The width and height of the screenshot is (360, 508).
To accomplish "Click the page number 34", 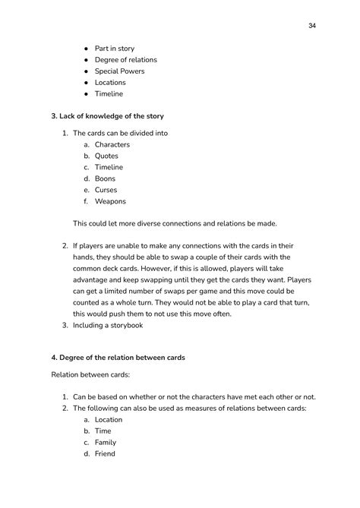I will pos(312,26).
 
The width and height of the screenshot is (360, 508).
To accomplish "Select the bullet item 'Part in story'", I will pos(114,49).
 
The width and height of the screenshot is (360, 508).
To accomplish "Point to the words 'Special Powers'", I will pos(119,71).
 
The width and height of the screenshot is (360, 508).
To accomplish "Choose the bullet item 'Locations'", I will pos(110,83).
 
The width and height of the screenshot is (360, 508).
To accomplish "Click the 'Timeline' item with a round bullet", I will pos(109,94).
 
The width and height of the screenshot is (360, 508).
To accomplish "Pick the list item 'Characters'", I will pos(112,144).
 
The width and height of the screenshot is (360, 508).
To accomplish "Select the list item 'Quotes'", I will pos(106,156).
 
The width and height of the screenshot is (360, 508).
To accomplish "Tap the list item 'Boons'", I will pos(105,178).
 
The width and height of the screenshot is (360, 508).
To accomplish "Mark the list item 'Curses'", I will pos(106,190).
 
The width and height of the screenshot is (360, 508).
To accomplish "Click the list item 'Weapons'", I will pos(110,201).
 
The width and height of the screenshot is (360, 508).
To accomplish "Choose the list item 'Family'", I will pos(106,442).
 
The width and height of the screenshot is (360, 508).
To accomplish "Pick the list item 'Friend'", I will pos(106,453).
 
